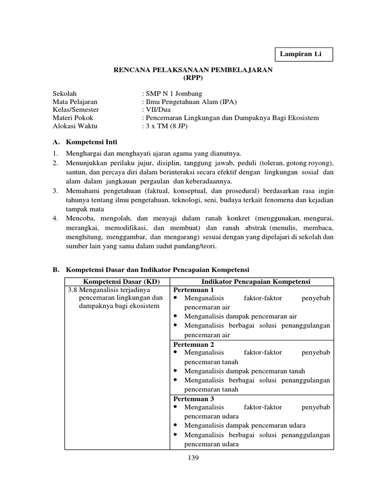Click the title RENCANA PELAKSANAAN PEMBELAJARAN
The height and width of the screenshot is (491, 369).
click(193, 70)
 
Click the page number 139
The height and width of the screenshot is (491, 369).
click(193, 457)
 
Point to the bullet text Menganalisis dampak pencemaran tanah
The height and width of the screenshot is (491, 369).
click(245, 371)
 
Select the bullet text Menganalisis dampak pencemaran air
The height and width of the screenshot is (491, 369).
click(240, 316)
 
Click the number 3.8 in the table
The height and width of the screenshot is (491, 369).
click(72, 290)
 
